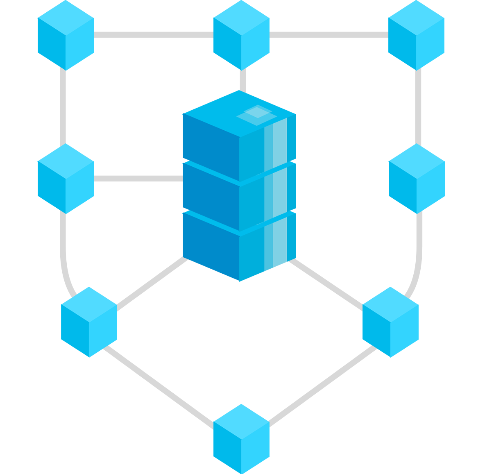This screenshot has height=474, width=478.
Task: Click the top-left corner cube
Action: pyautogui.click(x=66, y=35)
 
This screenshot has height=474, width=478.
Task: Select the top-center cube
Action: pyautogui.click(x=241, y=35)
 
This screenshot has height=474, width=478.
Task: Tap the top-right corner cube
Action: pyautogui.click(x=416, y=35)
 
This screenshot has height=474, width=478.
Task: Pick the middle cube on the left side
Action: pyautogui.click(x=66, y=179)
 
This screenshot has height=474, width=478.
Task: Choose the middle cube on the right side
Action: pyautogui.click(x=417, y=179)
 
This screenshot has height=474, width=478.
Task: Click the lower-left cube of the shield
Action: pyautogui.click(x=89, y=322)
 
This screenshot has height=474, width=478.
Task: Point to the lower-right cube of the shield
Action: pyautogui.click(x=390, y=322)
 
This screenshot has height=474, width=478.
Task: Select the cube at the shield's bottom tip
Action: pyautogui.click(x=241, y=439)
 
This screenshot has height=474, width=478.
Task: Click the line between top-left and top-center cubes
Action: pyautogui.click(x=154, y=35)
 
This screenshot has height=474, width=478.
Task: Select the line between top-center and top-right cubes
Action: pyautogui.click(x=329, y=35)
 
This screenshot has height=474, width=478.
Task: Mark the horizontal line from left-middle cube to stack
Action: pyautogui.click(x=138, y=179)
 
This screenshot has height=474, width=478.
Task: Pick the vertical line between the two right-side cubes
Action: pyautogui.click(x=418, y=107)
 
